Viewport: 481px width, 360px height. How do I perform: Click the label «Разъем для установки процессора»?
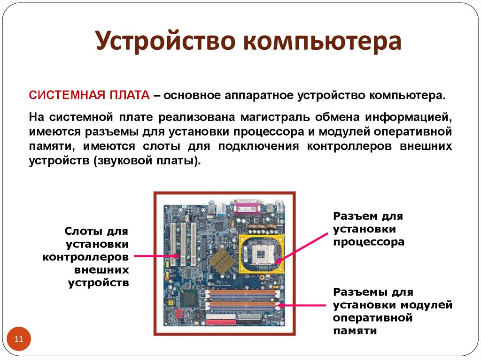click(x=368, y=229)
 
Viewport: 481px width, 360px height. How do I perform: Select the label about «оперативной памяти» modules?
click(x=392, y=312)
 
